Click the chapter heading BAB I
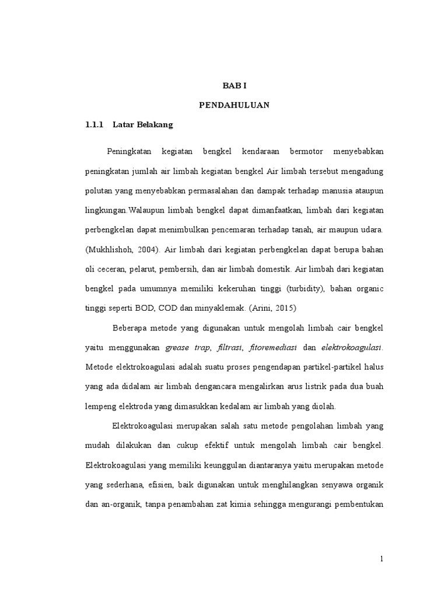(235, 85)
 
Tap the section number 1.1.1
(94, 124)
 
